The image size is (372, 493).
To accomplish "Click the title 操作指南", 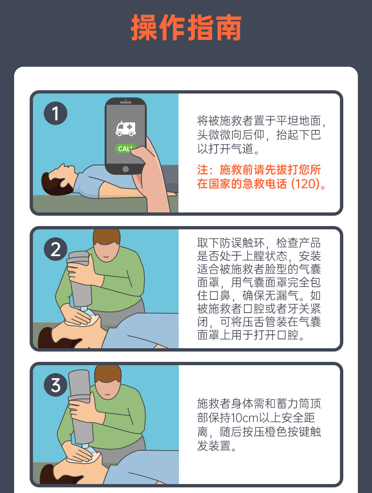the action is [x=186, y=28].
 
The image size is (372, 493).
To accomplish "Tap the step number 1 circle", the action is [x=56, y=113].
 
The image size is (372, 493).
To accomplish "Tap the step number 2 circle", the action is [x=56, y=249].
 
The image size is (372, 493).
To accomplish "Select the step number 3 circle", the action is [x=56, y=385].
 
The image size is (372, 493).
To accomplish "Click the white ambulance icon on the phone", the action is [x=125, y=129].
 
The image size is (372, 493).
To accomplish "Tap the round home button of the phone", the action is [x=125, y=169].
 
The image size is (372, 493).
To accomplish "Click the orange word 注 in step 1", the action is [x=202, y=170].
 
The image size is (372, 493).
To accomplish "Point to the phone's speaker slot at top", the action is [x=126, y=102].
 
